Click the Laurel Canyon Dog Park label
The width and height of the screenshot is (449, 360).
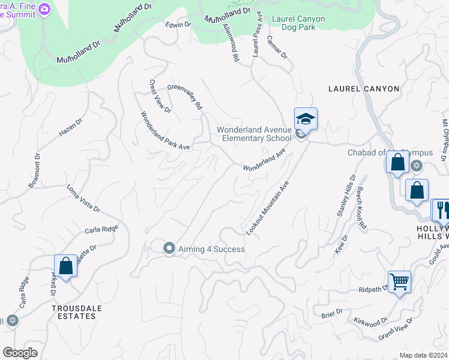pos(298,23)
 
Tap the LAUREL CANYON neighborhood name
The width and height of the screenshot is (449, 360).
pos(364,89)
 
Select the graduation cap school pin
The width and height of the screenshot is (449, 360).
pos(306,119)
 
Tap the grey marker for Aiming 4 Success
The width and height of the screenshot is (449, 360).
pos(169,248)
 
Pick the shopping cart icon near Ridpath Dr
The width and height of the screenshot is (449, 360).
pos(399,281)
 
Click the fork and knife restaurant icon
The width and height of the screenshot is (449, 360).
pos(441,209)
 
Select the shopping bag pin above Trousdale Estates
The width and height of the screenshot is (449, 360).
pos(65,266)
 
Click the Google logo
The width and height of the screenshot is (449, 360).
pos(20,353)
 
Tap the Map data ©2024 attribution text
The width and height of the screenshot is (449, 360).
pos(423,355)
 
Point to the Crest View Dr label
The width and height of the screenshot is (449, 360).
pos(160,97)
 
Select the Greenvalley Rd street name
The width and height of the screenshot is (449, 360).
pos(184,96)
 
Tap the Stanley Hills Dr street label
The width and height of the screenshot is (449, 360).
pos(345,196)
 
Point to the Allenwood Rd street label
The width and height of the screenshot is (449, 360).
pos(231,43)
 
